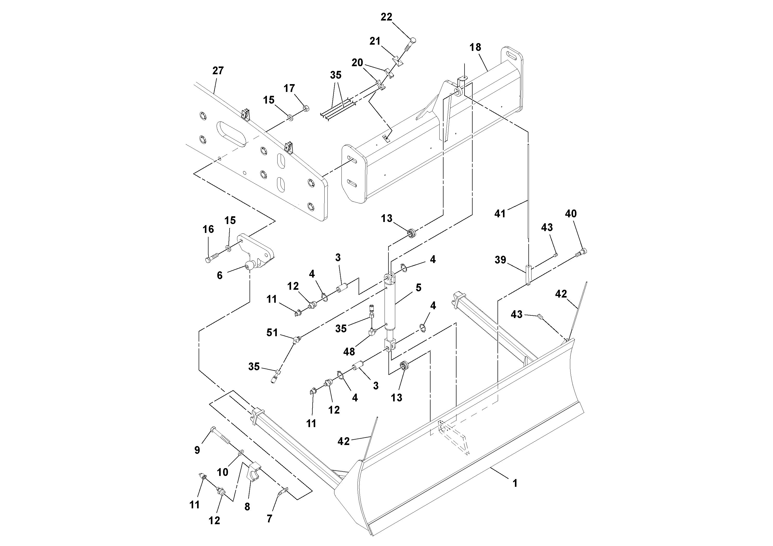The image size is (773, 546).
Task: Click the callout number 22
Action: [386, 17]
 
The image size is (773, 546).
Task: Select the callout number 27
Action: [218, 71]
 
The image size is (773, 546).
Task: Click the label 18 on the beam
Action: [475, 48]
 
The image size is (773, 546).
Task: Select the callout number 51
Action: [272, 333]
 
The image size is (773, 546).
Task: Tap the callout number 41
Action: [500, 213]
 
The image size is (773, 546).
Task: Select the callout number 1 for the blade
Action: [514, 483]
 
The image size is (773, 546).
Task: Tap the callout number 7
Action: [269, 519]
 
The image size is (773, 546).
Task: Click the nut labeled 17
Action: [306, 108]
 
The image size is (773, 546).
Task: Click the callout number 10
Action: [223, 472]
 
